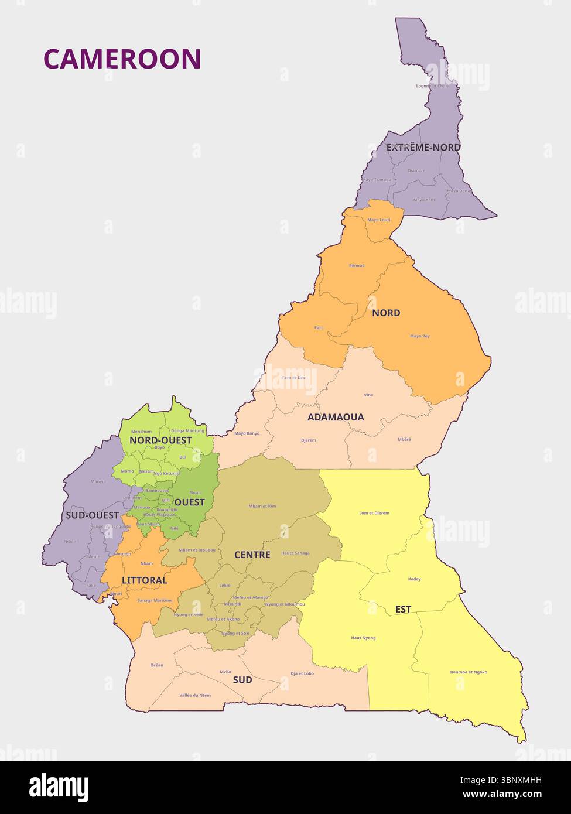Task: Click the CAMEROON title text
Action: tap(122, 59)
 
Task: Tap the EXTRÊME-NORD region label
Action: tap(423, 148)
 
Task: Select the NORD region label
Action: tap(386, 313)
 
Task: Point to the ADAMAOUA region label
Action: tap(336, 417)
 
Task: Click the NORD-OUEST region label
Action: tap(160, 440)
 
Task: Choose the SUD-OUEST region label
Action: tap(92, 515)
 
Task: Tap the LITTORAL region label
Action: tap(144, 580)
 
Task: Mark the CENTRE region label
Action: tap(252, 555)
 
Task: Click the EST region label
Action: tap(403, 609)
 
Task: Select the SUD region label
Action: tap(242, 679)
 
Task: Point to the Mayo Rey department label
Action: tap(419, 336)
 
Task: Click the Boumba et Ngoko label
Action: tap(469, 672)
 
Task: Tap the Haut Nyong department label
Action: tap(363, 638)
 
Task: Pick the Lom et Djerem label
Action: tap(374, 513)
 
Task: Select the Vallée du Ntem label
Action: tap(195, 695)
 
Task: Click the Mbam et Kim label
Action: tap(262, 505)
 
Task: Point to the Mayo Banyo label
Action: tap(247, 433)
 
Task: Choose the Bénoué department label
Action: tap(357, 265)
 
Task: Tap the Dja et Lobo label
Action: tap(302, 673)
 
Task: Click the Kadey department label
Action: tap(414, 579)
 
